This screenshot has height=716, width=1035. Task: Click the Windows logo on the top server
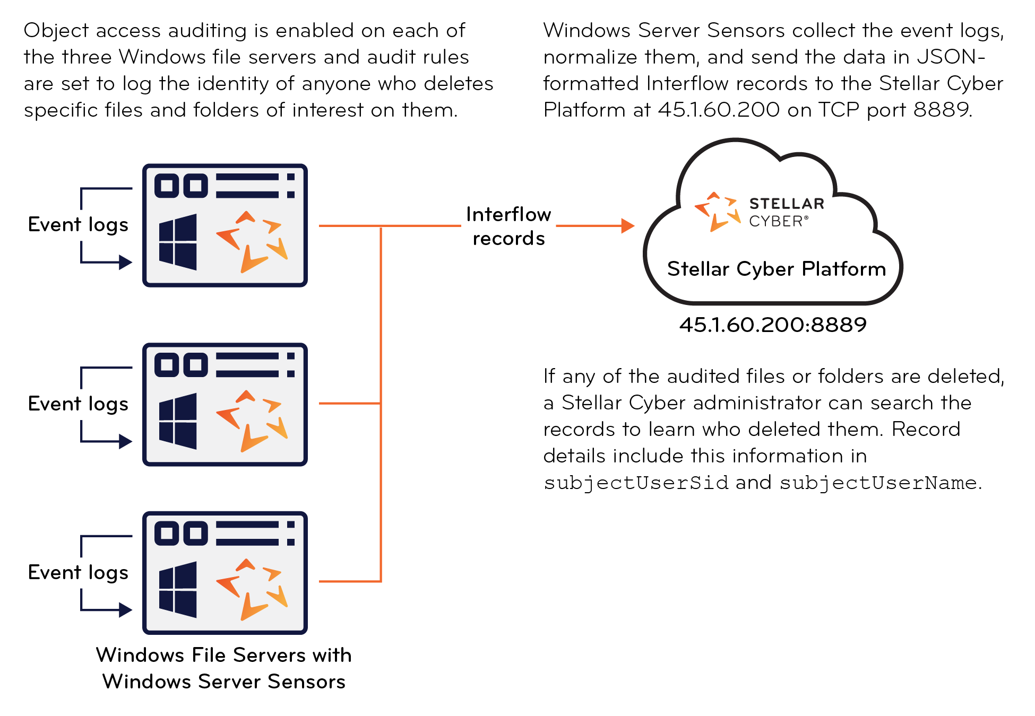178,242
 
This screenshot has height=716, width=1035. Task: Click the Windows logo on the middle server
178,421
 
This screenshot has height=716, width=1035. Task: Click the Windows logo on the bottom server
178,589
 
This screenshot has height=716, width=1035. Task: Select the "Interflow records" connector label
508,226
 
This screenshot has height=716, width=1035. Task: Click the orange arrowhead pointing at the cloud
627,226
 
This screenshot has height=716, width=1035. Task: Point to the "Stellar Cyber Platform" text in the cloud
777,269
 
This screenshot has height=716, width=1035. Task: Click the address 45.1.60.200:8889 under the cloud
773,325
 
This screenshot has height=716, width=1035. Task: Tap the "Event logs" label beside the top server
78,225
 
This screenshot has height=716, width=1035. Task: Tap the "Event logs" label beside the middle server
78,404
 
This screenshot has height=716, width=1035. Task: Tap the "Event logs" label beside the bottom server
78,573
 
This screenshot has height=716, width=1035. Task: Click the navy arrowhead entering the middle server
125,441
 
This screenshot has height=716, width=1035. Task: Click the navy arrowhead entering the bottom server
125,610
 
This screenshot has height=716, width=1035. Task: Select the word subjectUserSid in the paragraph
636,483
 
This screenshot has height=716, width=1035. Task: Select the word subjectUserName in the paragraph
878,483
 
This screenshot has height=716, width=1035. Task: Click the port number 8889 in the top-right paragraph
942,110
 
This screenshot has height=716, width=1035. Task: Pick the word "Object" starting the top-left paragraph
56,31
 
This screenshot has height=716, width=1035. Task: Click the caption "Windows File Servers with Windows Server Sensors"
223,668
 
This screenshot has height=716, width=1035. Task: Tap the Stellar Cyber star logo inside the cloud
717,212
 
